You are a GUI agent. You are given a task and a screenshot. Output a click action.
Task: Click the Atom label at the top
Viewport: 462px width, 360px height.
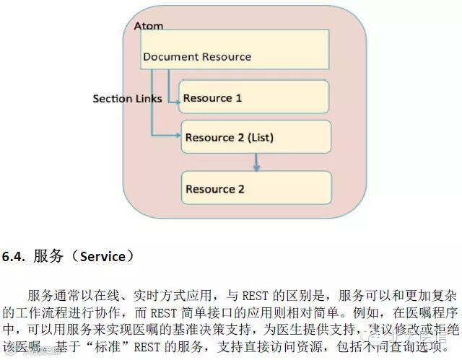tap(149, 26)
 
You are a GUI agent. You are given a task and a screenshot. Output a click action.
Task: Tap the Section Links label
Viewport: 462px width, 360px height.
tap(127, 98)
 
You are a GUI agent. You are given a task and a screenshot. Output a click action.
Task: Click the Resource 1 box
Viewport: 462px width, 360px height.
tap(253, 97)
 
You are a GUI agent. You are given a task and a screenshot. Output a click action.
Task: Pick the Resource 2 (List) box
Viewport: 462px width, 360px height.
tap(256, 136)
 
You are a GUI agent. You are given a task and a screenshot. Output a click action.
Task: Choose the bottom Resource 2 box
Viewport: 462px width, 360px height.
tap(256, 188)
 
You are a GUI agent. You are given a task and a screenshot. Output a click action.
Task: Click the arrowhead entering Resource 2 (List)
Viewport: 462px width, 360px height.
tap(178, 135)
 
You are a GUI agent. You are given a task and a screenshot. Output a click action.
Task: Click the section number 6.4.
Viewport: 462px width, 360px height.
tap(14, 257)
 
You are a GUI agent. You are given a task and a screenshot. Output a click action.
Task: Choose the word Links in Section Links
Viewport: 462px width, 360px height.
tap(148, 98)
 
